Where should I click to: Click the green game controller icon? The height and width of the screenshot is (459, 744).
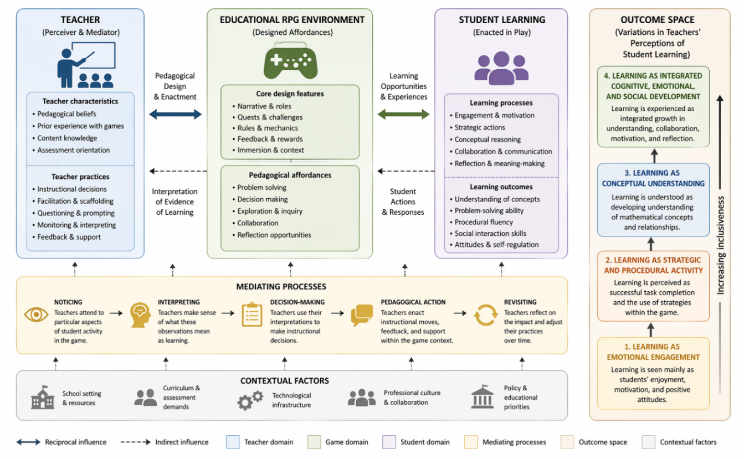290,61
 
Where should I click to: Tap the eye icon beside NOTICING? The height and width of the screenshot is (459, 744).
36,314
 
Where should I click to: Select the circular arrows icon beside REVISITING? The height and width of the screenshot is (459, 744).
486,314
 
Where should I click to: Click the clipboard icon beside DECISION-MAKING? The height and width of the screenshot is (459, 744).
252,314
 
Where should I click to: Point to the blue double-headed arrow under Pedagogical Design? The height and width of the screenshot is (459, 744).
176,115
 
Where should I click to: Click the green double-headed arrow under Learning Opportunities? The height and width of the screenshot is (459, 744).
403,115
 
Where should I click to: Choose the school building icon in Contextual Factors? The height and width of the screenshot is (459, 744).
43,398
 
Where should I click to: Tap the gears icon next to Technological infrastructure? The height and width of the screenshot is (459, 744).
250,400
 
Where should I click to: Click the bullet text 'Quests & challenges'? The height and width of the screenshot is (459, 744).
270,117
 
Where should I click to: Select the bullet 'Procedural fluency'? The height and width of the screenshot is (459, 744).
484,222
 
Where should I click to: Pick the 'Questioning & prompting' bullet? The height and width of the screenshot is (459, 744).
76,213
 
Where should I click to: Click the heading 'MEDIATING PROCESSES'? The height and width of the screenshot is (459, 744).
281,286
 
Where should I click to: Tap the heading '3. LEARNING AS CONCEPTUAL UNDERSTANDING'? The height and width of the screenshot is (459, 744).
653,178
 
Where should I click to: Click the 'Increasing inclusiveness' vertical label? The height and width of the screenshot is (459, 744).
720,245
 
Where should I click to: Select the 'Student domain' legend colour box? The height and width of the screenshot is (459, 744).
389,442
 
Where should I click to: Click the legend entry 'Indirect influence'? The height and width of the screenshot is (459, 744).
182,442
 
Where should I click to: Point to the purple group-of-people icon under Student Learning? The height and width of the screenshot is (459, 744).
501,68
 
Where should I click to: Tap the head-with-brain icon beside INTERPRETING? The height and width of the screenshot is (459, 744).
140,314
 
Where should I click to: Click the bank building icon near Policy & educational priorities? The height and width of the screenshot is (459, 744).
483,397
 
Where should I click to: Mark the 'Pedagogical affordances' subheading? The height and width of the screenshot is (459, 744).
290,175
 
